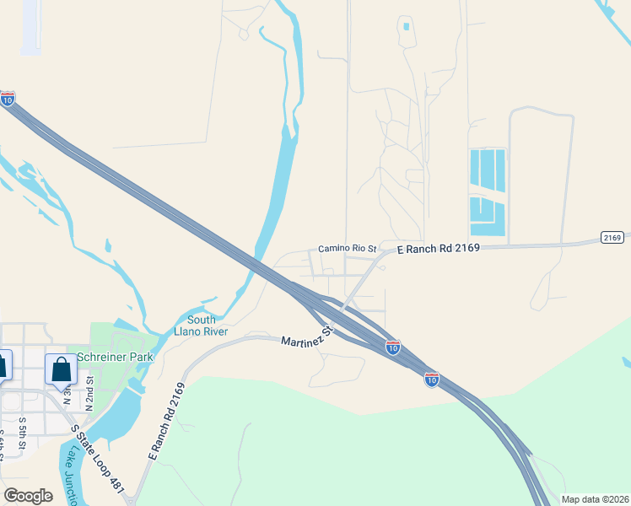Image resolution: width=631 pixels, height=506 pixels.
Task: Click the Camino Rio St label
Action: tap(346, 249)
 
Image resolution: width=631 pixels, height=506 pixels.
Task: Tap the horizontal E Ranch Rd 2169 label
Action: tap(438, 247)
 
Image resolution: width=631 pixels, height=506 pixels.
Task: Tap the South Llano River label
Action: tap(201, 326)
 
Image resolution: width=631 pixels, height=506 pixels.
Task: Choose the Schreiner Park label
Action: tap(115, 357)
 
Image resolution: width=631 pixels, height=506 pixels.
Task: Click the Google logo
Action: tap(28, 495)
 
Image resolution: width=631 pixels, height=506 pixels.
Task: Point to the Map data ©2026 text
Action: tap(595, 499)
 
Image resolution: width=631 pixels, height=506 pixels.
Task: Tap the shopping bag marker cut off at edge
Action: tap(4, 364)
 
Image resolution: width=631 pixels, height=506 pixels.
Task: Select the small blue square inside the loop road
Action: tap(406, 26)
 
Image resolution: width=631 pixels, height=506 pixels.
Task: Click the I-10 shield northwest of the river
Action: tap(8, 99)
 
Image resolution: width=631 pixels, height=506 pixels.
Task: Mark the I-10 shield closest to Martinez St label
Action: tap(392, 347)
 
